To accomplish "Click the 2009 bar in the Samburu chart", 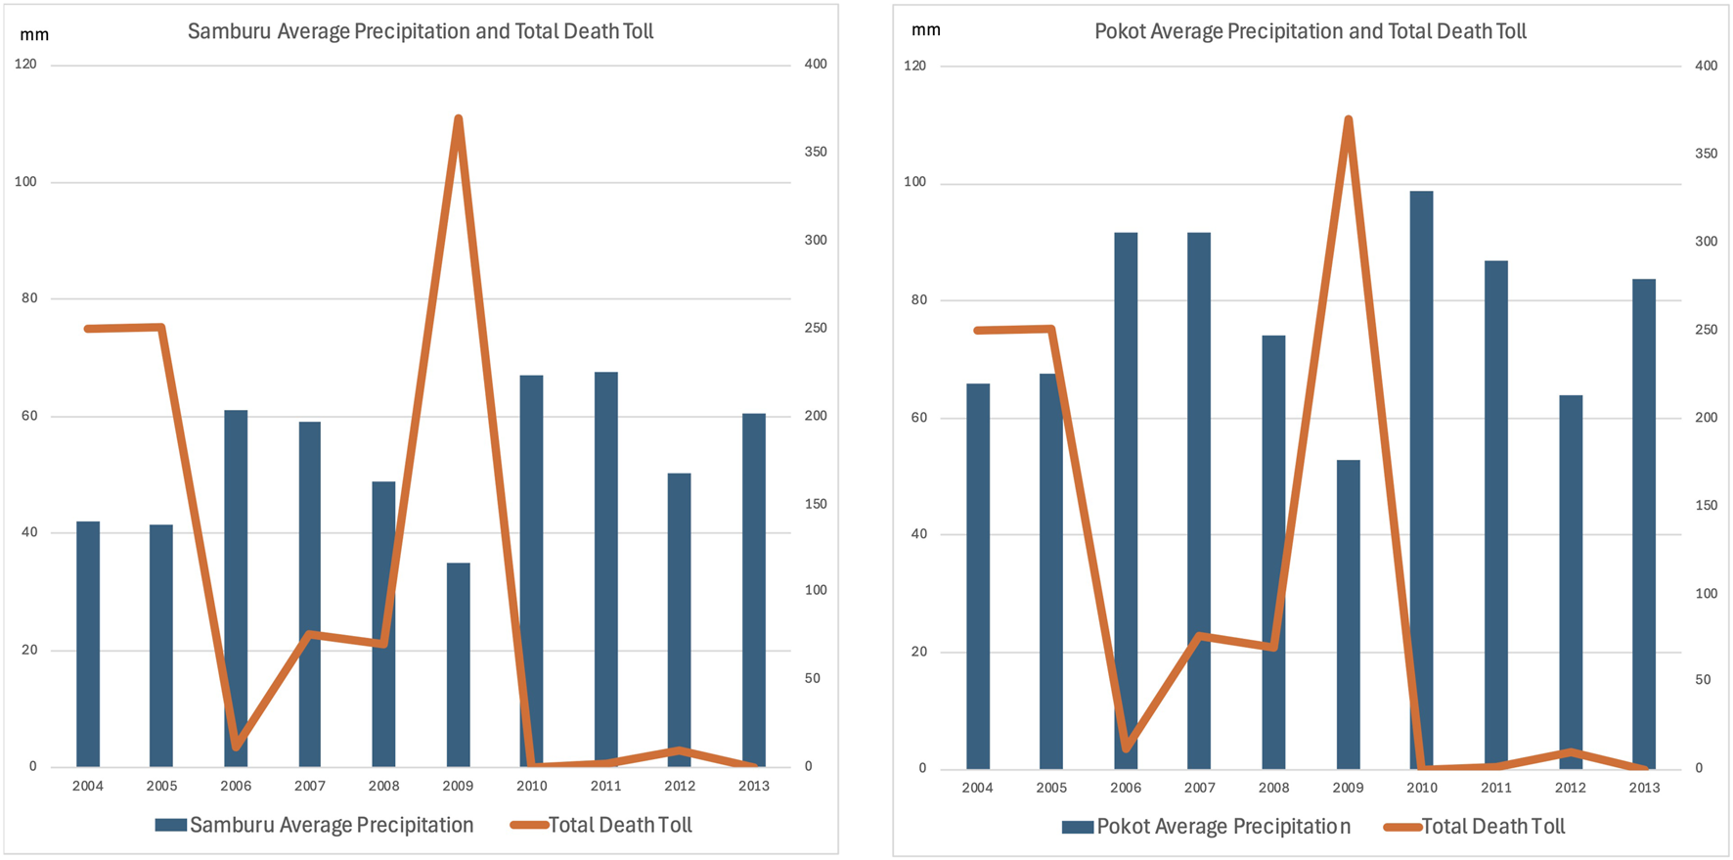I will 458,665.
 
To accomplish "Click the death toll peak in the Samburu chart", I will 458,119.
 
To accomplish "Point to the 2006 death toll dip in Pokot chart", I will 1126,748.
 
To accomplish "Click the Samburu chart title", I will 421,31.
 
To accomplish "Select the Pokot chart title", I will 1310,31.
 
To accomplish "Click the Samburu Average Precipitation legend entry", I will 314,825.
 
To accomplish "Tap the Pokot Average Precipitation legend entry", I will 1207,827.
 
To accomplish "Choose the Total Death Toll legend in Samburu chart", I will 601,825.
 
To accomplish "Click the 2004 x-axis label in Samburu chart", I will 87,786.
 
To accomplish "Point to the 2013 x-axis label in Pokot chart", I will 1644,788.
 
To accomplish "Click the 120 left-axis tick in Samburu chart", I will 25,65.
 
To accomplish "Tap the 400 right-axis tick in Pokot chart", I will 1706,66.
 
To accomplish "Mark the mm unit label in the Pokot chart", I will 925,30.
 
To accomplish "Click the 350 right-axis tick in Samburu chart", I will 815,152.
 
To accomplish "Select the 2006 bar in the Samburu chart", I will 236,588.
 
